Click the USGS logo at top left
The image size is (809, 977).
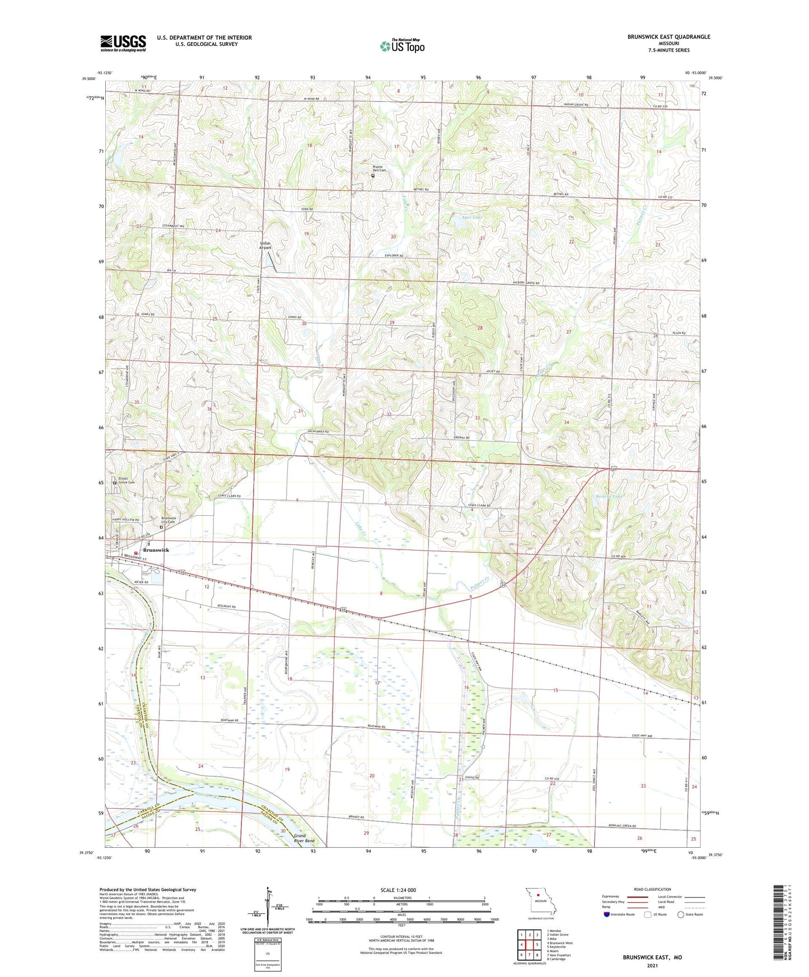123,43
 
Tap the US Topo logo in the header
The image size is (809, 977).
402,46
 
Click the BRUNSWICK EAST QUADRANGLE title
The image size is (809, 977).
668,37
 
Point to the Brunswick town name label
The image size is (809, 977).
155,550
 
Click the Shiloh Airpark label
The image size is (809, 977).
265,245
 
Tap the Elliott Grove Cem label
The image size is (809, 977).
126,480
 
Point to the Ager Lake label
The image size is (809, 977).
471,217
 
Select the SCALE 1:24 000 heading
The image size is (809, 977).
398,890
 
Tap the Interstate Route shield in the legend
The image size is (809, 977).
607,914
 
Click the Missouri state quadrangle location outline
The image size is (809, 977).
540,901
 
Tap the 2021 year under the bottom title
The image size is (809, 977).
652,965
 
